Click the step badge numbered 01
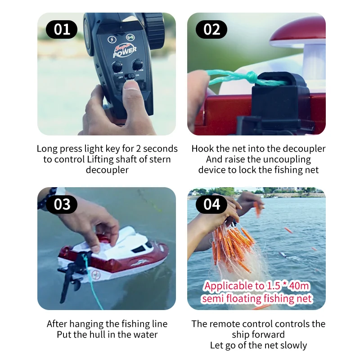62,29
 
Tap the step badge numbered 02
211,29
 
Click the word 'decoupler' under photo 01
107,170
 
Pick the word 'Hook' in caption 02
202,148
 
